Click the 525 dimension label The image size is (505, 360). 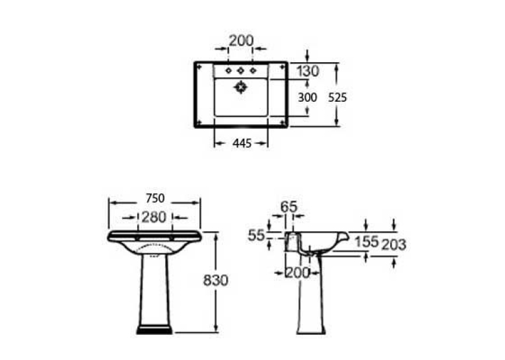click(337, 97)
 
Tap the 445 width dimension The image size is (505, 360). click(242, 143)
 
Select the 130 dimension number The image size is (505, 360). click(308, 71)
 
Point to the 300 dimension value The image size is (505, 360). click(307, 97)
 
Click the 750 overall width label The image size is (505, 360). click(155, 198)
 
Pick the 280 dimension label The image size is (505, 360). click(154, 217)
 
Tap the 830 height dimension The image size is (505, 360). click(215, 280)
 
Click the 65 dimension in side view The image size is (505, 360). click(289, 207)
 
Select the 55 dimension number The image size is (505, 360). click(256, 236)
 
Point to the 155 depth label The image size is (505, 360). click(366, 242)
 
